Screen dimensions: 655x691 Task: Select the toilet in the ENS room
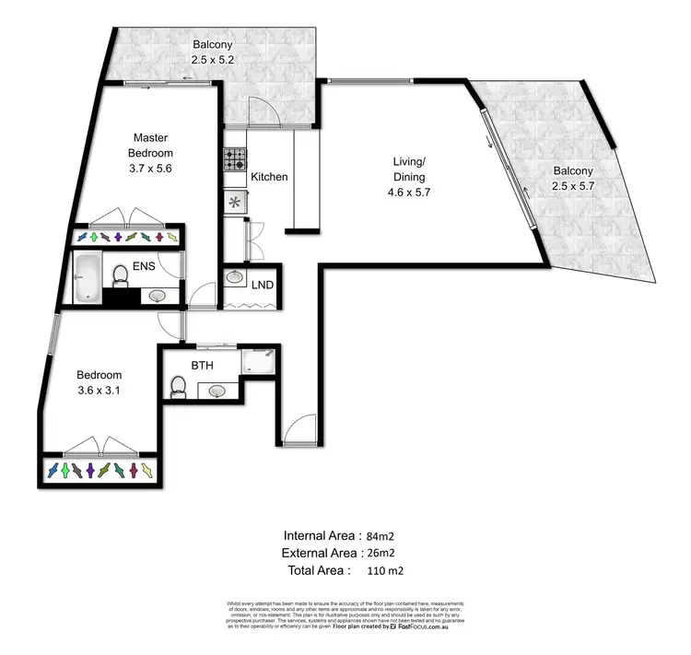click(x=119, y=275)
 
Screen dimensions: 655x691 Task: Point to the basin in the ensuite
click(x=157, y=296)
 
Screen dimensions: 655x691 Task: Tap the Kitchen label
click(x=269, y=177)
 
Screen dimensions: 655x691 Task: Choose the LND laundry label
click(x=263, y=285)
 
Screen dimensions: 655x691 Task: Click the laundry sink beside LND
click(x=234, y=279)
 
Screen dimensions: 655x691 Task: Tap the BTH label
click(x=203, y=366)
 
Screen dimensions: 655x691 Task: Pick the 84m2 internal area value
click(x=380, y=536)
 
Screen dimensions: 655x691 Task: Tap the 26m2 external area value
click(x=380, y=553)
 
